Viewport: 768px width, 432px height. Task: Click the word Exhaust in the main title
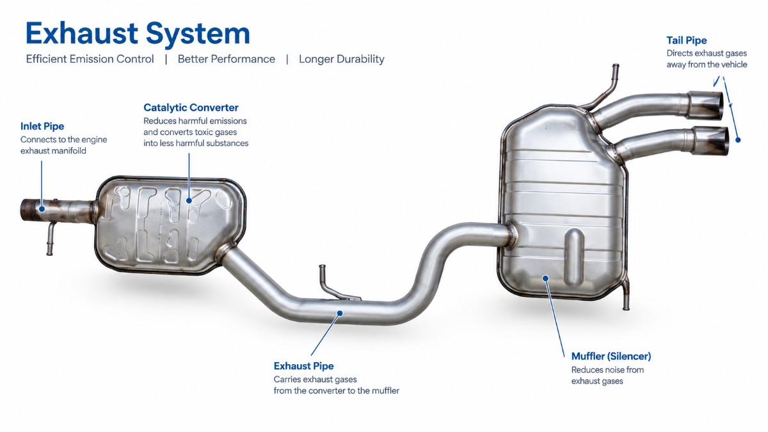click(82, 33)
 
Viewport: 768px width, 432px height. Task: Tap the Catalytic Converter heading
click(191, 108)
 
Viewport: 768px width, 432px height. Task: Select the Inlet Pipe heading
click(42, 126)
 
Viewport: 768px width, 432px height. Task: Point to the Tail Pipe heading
click(686, 40)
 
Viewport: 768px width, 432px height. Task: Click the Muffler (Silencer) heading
click(611, 356)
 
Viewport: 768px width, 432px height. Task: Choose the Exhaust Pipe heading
click(303, 366)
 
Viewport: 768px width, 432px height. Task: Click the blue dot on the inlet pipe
click(42, 209)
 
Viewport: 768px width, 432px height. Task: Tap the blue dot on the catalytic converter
click(189, 200)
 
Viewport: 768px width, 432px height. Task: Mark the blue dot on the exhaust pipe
click(340, 313)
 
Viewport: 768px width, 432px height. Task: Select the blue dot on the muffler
click(546, 278)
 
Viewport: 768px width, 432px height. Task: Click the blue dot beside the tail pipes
click(738, 140)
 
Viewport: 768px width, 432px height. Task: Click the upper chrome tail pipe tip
click(705, 105)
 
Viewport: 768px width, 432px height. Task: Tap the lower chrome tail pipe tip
click(710, 141)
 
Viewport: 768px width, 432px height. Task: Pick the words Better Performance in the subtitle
click(227, 59)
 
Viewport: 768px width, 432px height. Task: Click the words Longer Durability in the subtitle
click(342, 59)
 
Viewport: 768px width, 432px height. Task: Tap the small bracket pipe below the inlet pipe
click(51, 238)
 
